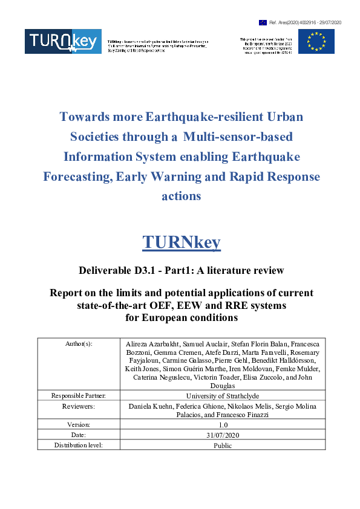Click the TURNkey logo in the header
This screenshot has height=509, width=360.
62,41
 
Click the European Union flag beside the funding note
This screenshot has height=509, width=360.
316,41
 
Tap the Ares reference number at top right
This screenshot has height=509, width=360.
308,22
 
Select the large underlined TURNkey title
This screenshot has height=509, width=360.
182,242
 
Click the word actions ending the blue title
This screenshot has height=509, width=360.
182,196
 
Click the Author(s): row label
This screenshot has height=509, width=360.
79,343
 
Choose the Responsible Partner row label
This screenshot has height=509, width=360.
79,395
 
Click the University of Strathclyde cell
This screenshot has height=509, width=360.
223,395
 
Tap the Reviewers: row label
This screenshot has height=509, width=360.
79,406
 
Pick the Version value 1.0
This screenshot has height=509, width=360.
223,424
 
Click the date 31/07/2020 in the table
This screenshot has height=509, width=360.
223,435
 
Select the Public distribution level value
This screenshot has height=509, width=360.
223,446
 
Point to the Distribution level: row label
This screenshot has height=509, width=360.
79,446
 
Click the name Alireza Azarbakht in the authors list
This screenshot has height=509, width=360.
151,343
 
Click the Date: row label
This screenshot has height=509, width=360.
79,435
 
